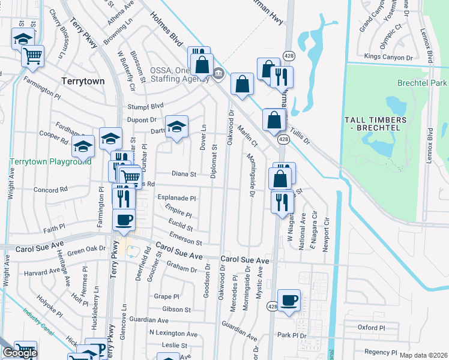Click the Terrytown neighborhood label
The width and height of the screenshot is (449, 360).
pos(83,80)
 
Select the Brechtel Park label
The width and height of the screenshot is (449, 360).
pos(422,83)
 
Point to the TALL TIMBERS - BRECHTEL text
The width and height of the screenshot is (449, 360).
pos(375,124)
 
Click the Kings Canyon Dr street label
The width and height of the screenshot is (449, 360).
pos(389,58)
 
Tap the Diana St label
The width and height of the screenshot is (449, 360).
pos(184,175)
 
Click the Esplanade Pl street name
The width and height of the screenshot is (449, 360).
pos(176,198)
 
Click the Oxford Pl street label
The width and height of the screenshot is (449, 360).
pos(371,328)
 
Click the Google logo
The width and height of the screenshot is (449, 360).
pos(19,353)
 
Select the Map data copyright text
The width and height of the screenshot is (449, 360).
pos(423,355)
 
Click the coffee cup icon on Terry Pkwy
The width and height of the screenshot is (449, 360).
pos(124,220)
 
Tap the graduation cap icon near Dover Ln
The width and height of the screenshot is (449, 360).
pos(176,127)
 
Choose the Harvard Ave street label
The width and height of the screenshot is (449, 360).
pos(42,271)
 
